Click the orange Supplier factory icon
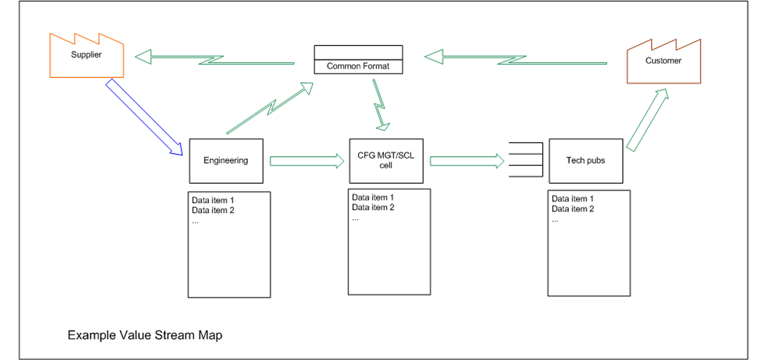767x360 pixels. coord(86,58)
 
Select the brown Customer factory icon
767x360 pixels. coord(663,63)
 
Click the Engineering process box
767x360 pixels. coord(226,160)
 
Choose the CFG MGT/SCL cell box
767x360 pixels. coord(385,160)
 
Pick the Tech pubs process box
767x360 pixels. coord(585,160)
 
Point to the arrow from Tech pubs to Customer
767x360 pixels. coord(647,120)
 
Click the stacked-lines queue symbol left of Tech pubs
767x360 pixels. coord(525,160)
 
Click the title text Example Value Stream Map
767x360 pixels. coord(145,334)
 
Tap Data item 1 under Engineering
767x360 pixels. coord(213,200)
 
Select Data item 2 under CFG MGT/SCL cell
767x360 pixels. coord(373,207)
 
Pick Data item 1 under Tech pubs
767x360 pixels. coord(573,199)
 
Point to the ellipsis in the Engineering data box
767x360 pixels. coord(196,221)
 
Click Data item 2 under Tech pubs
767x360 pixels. coord(573,209)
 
